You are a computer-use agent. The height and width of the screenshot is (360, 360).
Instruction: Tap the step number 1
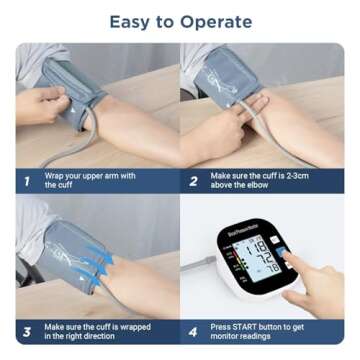pos(28,182)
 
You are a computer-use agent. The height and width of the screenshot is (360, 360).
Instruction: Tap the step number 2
pos(194,182)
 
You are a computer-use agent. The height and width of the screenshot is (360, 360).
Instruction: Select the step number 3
pos(28,332)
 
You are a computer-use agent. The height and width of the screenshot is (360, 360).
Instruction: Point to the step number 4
pos(194,332)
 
